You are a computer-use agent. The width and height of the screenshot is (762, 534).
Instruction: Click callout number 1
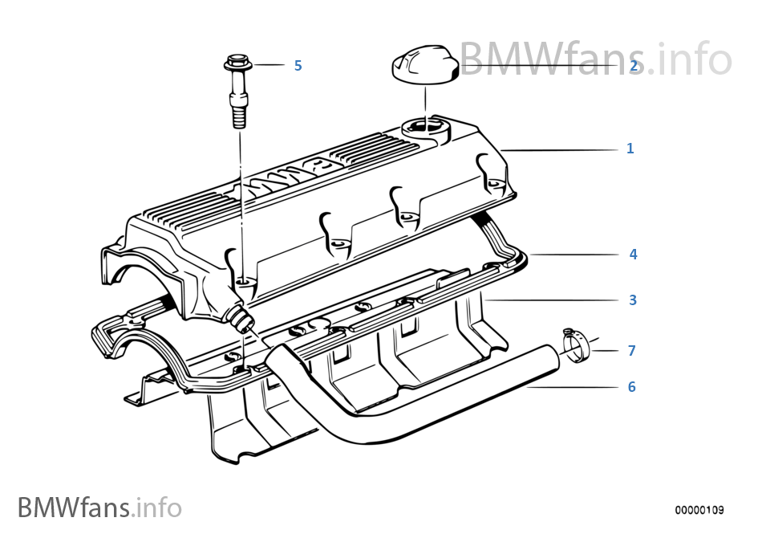pyautogui.click(x=630, y=149)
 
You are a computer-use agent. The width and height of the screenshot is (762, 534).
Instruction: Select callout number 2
pyautogui.click(x=634, y=66)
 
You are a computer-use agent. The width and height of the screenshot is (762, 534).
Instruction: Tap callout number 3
pyautogui.click(x=633, y=300)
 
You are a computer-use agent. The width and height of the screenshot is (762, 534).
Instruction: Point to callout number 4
pyautogui.click(x=633, y=255)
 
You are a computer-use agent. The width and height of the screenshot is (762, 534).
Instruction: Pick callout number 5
pyautogui.click(x=298, y=65)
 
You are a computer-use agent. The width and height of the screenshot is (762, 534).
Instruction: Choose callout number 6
pyautogui.click(x=631, y=387)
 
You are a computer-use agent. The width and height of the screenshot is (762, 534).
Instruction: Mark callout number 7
pyautogui.click(x=631, y=351)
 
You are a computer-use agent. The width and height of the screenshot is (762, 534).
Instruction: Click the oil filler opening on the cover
pyautogui.click(x=424, y=127)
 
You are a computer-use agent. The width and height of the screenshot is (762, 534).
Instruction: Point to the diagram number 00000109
pyautogui.click(x=699, y=510)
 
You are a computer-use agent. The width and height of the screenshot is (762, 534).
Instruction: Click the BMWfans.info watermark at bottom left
pyautogui.click(x=99, y=508)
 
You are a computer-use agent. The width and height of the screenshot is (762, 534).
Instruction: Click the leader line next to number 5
pyautogui.click(x=268, y=64)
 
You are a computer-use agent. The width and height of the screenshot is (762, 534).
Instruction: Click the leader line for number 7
pyautogui.click(x=607, y=351)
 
